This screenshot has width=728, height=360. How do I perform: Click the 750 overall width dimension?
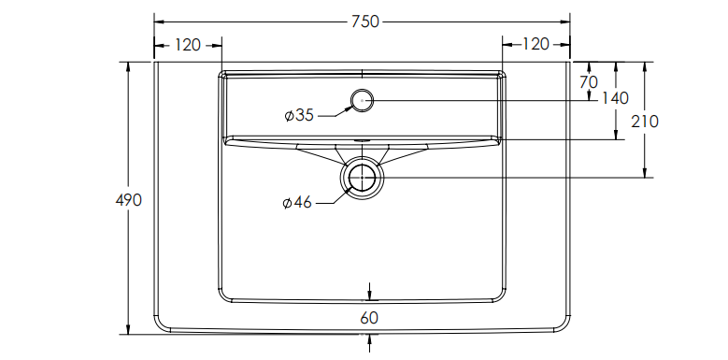point(364,22)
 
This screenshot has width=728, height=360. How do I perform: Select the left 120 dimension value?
point(188,45)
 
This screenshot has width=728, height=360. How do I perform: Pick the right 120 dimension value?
point(535,44)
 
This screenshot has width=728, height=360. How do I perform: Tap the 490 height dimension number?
point(129,200)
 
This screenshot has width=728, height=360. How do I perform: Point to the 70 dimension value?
point(589,82)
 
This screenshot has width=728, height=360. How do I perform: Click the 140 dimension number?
point(615,98)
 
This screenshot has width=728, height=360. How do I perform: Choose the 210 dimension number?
point(645,122)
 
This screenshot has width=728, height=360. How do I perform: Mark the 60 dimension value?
point(369,318)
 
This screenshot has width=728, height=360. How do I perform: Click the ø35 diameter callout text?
point(299,115)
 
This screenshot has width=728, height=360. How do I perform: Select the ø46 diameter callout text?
point(297,203)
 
